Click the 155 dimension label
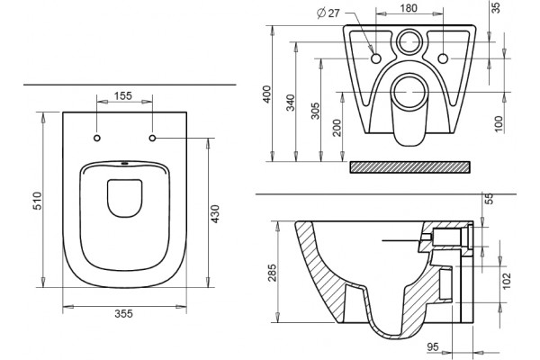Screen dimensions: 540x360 point(123,95)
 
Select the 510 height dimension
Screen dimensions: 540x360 point(37,201)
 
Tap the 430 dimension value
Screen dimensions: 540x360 point(215,213)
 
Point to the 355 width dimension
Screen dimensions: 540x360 point(123,314)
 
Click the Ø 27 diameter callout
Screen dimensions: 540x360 point(328,13)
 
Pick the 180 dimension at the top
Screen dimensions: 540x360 point(409,8)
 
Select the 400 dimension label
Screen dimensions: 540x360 point(267,94)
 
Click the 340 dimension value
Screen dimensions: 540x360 point(291,103)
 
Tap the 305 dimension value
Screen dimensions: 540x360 point(315,111)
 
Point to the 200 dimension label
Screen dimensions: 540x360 point(337,128)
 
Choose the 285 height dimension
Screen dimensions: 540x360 point(273,273)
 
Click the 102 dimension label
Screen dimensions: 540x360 point(507,281)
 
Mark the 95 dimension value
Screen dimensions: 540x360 point(433,346)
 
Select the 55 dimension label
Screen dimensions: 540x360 point(490,198)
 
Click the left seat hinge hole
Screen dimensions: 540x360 point(97,138)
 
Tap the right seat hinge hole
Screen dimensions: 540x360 point(153,138)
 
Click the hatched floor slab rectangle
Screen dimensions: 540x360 point(409,166)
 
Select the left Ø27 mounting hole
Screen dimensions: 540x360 point(375,58)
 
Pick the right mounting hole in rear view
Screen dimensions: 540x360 point(443,58)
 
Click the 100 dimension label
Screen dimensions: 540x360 point(499,124)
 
